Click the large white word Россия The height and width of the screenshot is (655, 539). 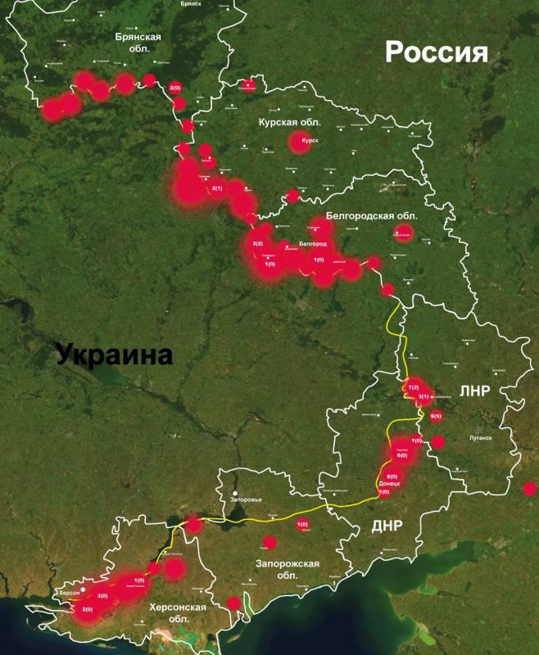coord(437,54)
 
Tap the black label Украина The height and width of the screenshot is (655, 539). coord(115,356)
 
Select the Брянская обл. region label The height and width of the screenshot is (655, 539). coord(138,43)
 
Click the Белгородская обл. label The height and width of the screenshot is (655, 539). coord(372,215)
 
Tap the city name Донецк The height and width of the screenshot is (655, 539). coord(390,484)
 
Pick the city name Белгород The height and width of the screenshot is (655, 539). coord(313,245)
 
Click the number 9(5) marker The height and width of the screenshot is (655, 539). coord(435,415)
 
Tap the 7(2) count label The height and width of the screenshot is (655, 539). coord(413,386)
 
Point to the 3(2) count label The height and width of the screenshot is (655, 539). coord(258,244)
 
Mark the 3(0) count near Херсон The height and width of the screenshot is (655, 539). coord(102,596)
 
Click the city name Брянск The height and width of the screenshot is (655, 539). coord(190,3)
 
